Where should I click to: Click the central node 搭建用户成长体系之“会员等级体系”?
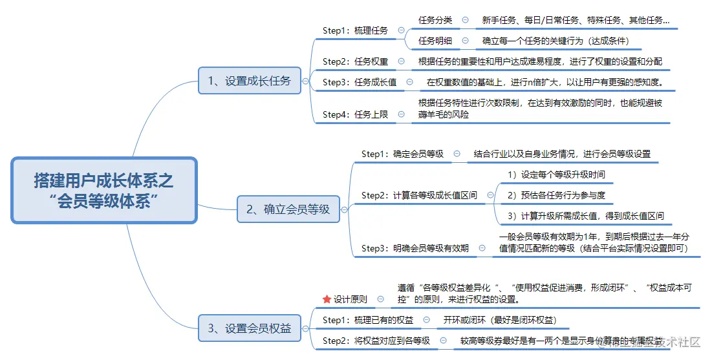click(103, 191)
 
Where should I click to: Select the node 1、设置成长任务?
click(249, 81)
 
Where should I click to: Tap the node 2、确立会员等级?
click(288, 209)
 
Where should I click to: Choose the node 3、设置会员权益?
click(250, 328)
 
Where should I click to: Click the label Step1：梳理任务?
click(355, 30)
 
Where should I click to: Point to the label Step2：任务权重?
click(355, 61)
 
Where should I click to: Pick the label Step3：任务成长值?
click(360, 82)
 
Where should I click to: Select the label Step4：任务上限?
click(355, 114)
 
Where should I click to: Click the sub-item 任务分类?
click(435, 20)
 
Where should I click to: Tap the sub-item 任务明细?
click(435, 41)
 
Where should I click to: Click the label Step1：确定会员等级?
click(402, 154)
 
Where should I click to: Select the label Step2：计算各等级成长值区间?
click(419, 195)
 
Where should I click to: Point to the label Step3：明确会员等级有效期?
click(415, 248)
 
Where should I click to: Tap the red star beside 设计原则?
click(327, 299)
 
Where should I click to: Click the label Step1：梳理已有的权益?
click(367, 320)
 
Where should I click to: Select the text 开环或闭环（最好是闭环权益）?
click(499, 320)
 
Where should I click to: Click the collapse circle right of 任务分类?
click(466, 20)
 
